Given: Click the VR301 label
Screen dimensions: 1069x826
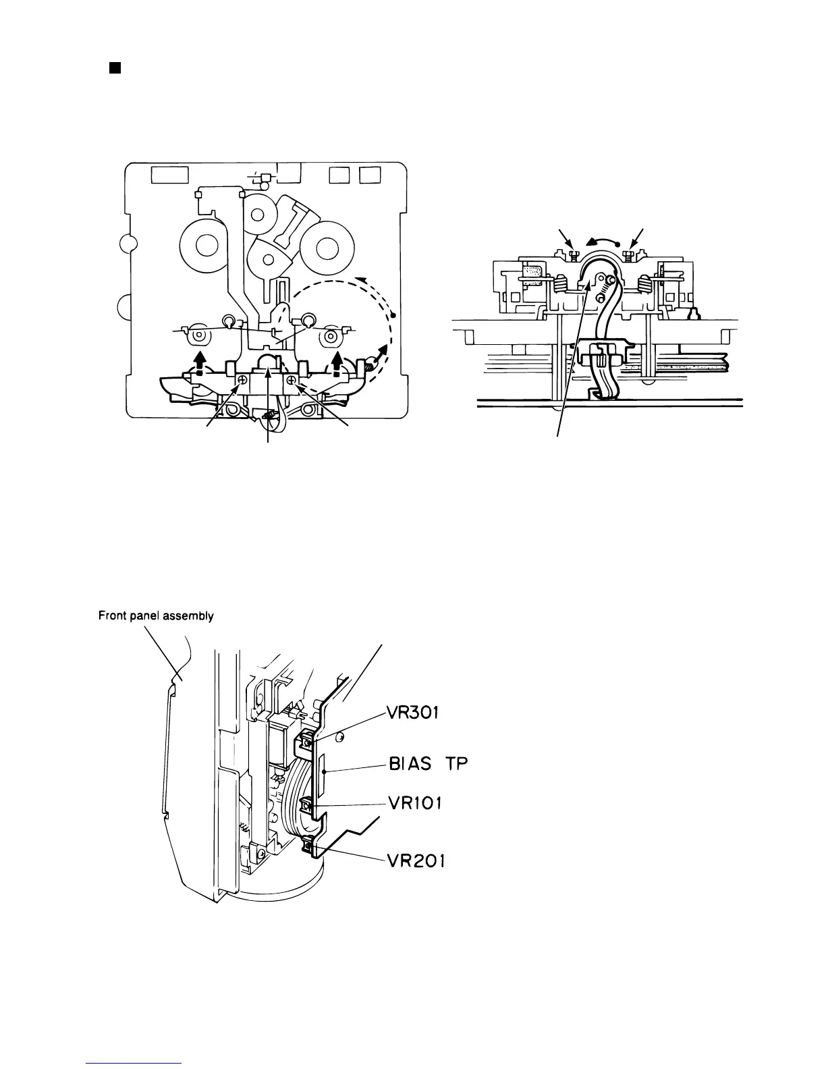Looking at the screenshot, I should click(413, 713).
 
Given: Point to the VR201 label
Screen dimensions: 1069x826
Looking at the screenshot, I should click(415, 862).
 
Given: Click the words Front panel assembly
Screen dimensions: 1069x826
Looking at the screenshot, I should click(156, 615).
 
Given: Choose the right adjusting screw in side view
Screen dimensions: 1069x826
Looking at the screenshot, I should click(629, 254).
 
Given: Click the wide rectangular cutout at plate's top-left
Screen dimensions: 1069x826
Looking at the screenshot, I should click(169, 175).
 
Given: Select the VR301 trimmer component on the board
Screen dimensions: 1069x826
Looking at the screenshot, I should click(306, 742).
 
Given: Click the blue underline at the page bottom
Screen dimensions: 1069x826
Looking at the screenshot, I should click(135, 1064).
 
